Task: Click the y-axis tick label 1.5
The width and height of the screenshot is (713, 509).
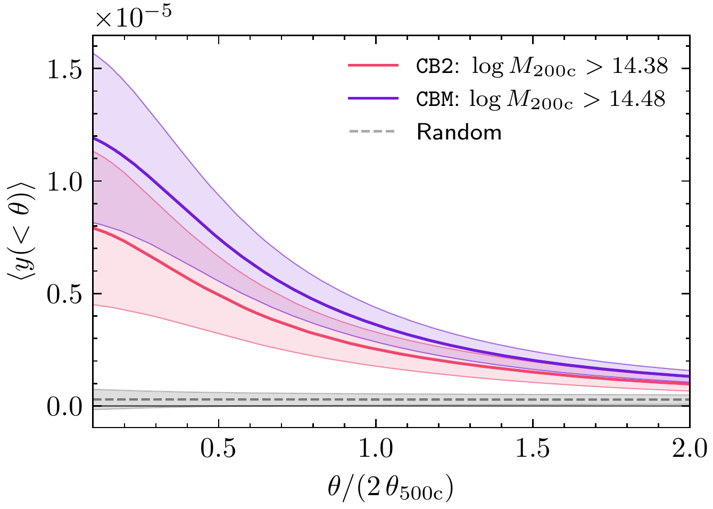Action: [65, 69]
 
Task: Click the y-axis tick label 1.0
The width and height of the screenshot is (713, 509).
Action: [65, 182]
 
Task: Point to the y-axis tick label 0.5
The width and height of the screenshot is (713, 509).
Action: [65, 294]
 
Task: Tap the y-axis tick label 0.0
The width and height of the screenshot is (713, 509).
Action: [65, 407]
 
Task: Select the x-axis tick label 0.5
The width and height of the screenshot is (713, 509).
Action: [219, 448]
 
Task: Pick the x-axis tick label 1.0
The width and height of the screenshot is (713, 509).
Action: [376, 448]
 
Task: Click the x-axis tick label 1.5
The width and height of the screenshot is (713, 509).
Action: [533, 448]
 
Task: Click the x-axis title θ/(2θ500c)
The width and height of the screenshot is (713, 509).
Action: [391, 488]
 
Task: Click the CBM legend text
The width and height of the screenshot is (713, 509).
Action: [435, 100]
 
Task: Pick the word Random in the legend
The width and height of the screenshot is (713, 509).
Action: [459, 132]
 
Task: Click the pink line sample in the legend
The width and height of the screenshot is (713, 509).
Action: [373, 65]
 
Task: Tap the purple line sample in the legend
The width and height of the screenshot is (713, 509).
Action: [373, 98]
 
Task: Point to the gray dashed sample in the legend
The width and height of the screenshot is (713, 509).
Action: [373, 132]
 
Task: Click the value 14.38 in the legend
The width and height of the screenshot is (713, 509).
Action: [637, 66]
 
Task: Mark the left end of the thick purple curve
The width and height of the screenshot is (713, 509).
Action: [94, 138]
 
